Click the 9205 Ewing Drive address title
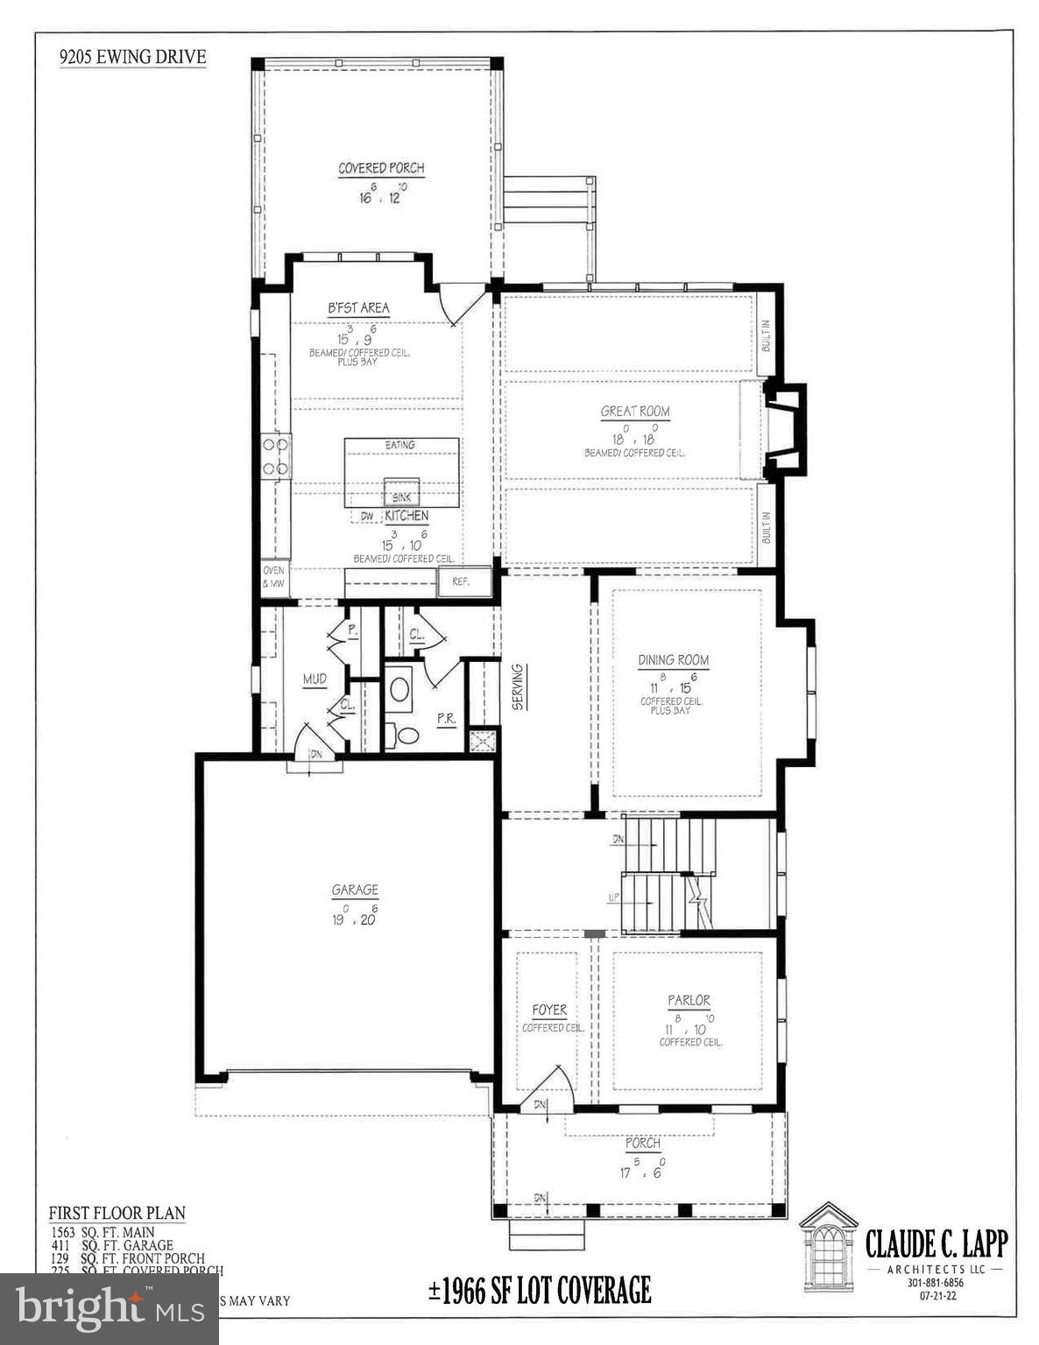tap(132, 58)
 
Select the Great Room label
tap(635, 412)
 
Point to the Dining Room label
tap(673, 660)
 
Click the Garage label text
tap(355, 891)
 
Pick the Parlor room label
tap(689, 1000)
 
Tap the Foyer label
tap(549, 1011)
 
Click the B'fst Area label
tap(358, 308)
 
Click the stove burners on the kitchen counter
tap(277, 456)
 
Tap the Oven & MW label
tap(274, 577)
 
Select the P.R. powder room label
tap(446, 718)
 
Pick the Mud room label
tap(315, 679)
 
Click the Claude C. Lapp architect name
tap(937, 1243)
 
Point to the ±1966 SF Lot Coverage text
tap(539, 1290)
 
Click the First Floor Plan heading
tap(117, 1214)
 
